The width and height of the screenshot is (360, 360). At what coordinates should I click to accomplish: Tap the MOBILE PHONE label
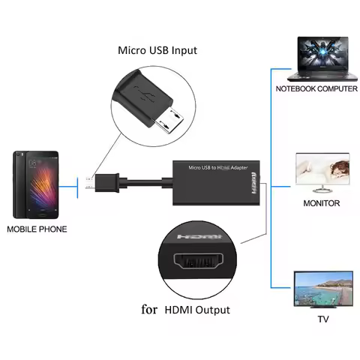(37, 229)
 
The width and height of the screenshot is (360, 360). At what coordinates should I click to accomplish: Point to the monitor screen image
(322, 172)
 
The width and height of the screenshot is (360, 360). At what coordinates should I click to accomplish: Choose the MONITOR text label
(321, 203)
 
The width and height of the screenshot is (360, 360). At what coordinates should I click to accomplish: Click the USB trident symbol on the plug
(143, 94)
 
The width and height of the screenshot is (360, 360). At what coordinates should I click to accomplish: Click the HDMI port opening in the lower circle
(199, 264)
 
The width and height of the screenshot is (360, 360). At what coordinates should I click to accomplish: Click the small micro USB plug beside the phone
(89, 181)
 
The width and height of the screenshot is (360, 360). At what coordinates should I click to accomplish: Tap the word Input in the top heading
(184, 51)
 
